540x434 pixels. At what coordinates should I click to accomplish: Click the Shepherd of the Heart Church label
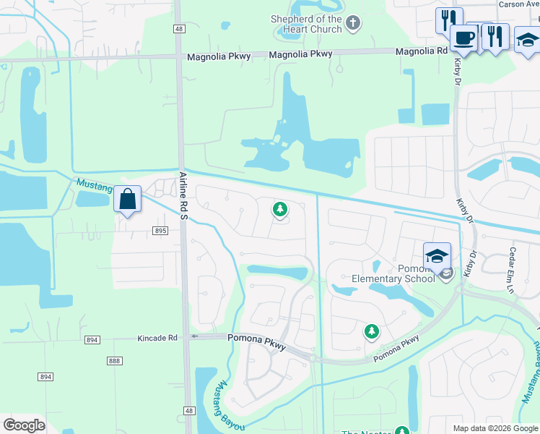pos(305,24)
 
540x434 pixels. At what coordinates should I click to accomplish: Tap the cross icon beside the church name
pos(352,24)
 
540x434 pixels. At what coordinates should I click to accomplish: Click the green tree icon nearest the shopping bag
pos(279,210)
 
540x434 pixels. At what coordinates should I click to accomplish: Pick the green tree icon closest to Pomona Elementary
pos(371,331)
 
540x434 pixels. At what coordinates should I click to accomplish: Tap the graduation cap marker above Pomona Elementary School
pos(437,256)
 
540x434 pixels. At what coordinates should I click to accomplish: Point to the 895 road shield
pos(160,231)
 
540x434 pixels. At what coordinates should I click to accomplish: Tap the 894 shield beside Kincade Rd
pos(90,339)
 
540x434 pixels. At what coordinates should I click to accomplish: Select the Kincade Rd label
pos(157,338)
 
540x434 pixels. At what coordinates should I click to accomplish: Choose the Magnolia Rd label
pos(422,51)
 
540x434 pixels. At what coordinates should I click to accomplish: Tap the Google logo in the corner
pos(24,425)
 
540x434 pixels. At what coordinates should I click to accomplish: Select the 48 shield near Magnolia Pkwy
pos(178,28)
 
